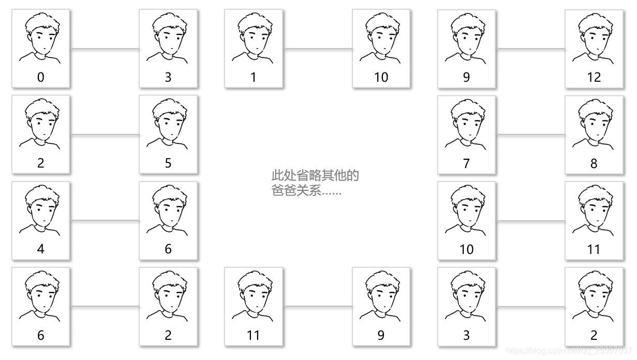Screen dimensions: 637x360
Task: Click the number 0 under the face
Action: [41, 78]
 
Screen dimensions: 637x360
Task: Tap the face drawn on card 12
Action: [594, 38]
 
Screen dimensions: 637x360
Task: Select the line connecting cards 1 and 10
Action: [318, 49]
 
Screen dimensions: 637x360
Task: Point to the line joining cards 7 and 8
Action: [530, 135]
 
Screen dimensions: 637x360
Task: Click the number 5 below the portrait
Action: [168, 163]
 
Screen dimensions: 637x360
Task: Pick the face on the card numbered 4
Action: [41, 209]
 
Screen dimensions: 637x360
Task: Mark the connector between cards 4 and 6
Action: [105, 221]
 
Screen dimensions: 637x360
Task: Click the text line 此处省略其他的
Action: [315, 175]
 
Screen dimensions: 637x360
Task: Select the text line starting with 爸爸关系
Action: [306, 191]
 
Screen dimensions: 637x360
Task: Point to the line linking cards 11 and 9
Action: [318, 307]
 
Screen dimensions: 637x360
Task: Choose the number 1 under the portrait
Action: [254, 78]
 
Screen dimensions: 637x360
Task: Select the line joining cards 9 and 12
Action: [530, 49]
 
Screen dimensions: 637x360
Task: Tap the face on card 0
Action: [41, 38]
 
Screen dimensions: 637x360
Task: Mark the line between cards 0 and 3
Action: [105, 49]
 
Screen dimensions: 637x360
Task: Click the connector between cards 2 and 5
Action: [105, 135]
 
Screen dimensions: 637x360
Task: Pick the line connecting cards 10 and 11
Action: [530, 221]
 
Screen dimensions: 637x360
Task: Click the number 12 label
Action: [594, 78]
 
